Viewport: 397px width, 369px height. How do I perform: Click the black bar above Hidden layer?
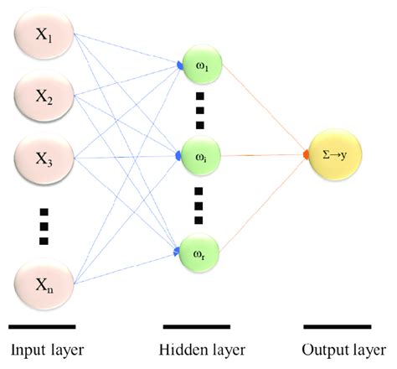coord(197,325)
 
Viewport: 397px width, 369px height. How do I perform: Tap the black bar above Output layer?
coord(338,325)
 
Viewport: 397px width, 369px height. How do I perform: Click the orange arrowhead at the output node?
coord(307,156)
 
